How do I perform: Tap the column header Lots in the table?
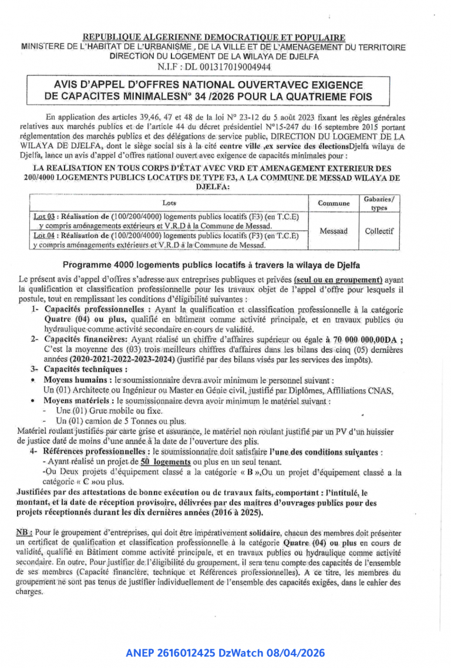coord(169,203)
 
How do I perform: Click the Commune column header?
coord(333,203)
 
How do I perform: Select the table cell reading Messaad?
coord(333,231)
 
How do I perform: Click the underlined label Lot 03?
coord(43,217)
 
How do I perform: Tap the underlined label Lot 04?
coord(43,235)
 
